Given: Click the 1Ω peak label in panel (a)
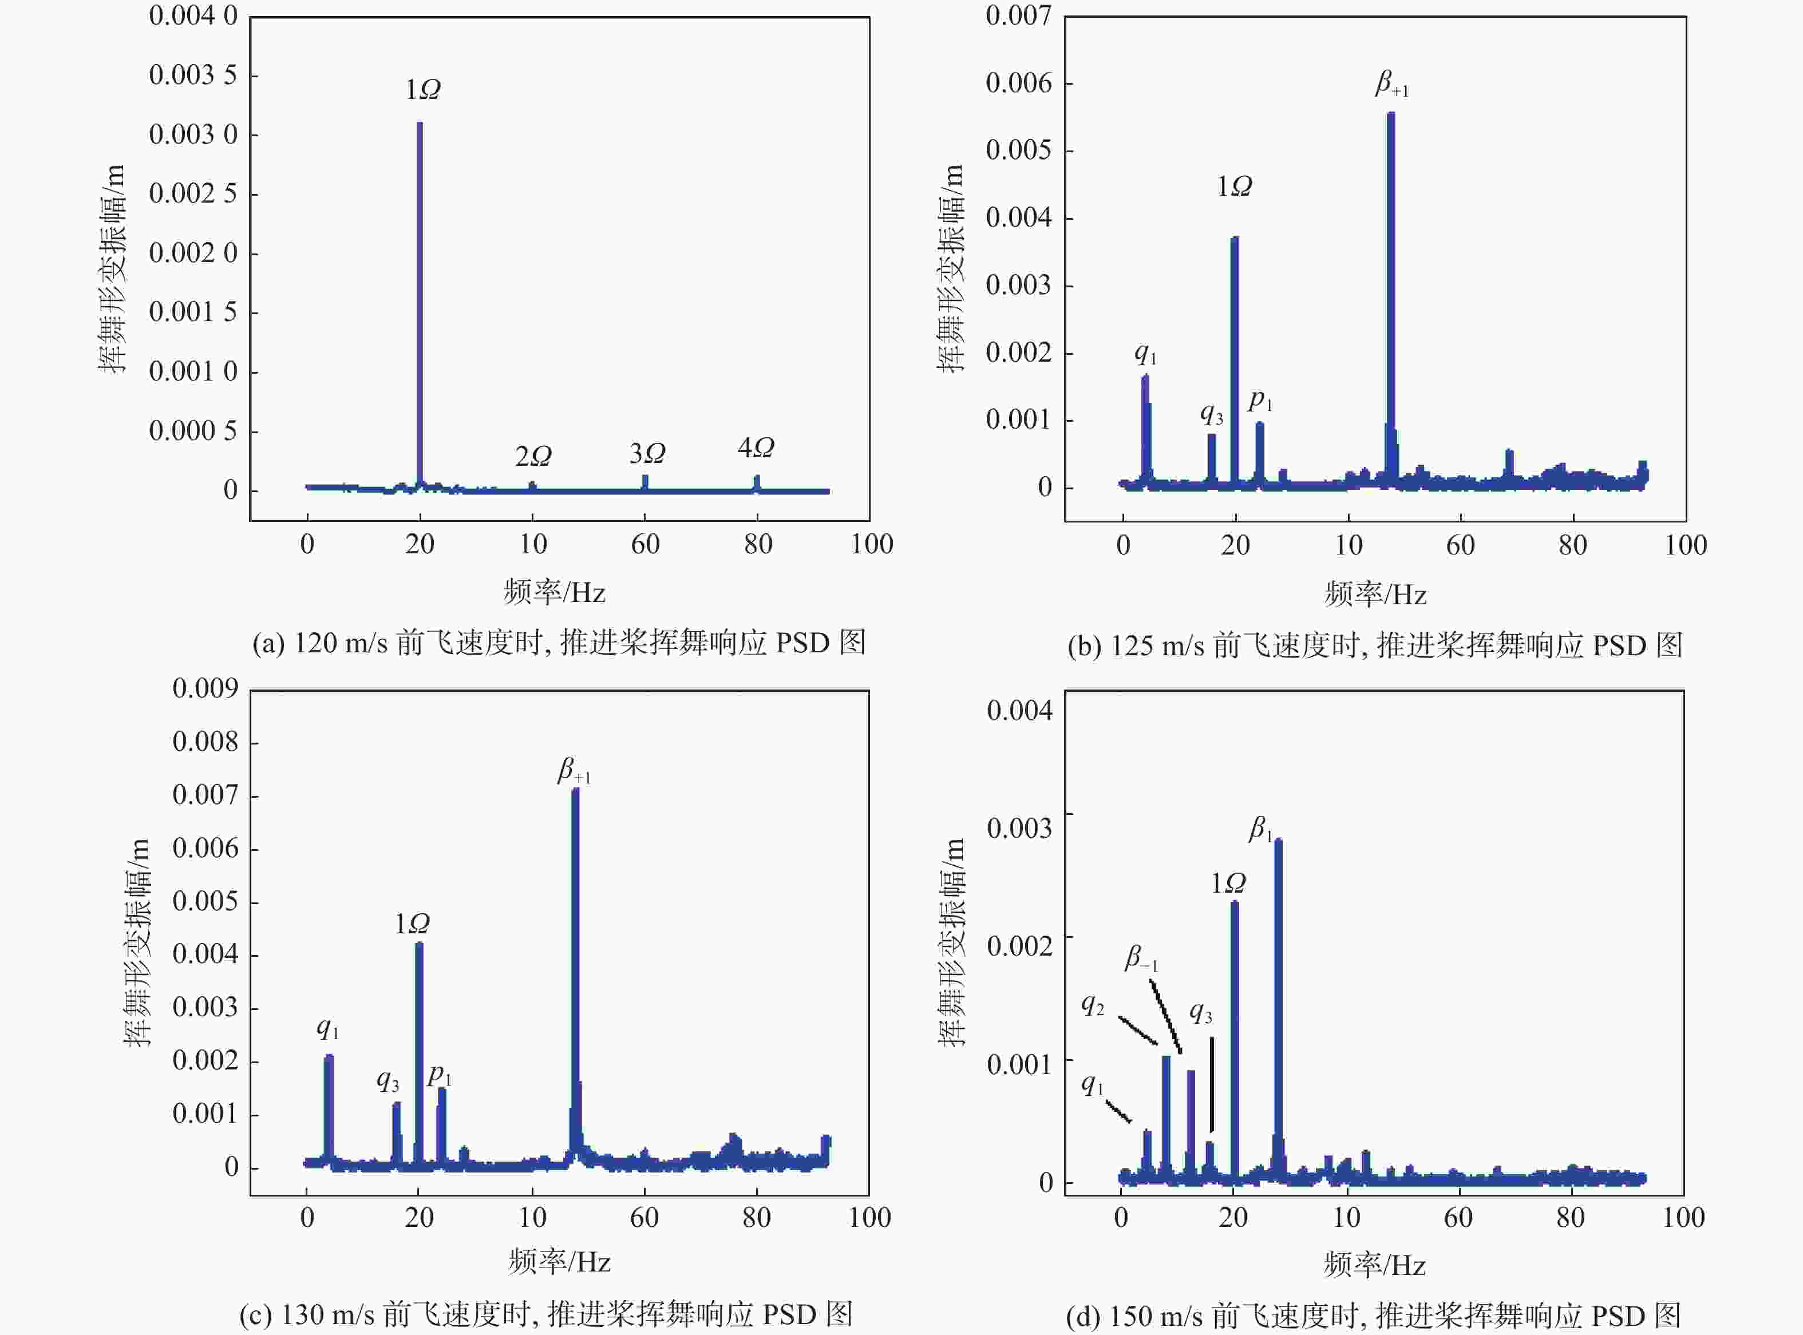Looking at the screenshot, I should tap(422, 90).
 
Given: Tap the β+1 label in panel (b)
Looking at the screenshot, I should tap(1391, 84).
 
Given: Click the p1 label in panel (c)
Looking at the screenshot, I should tap(440, 1075).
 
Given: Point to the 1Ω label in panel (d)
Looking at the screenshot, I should tap(1228, 884).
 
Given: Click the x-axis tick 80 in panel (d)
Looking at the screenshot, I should tap(1570, 1217).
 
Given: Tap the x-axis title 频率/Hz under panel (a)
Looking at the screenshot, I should tap(555, 592).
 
